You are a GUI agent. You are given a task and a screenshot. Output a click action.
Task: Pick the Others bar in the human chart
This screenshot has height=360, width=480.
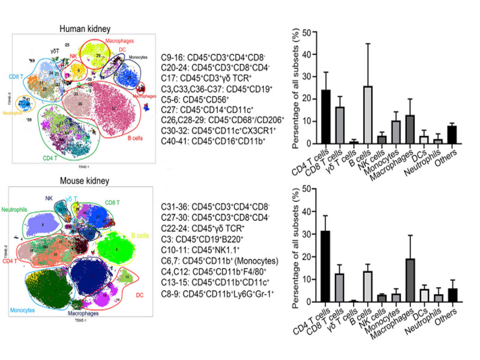(451, 135)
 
